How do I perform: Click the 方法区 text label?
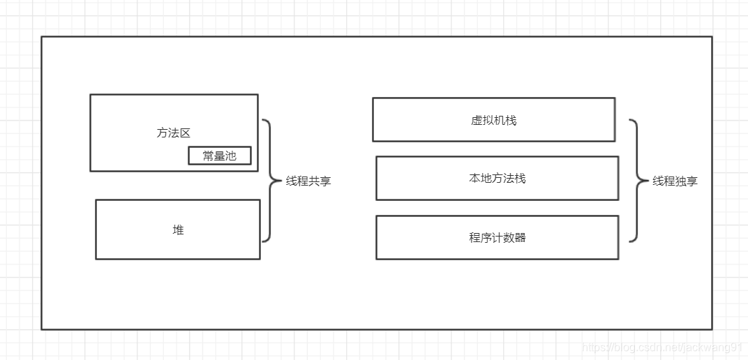point(174,133)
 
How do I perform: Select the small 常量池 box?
point(219,156)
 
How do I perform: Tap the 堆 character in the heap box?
point(178,230)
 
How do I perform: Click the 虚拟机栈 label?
point(493,120)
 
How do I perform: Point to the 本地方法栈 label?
point(497,179)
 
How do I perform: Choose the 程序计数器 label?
point(497,237)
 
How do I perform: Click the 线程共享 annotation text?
point(308,181)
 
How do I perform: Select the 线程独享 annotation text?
point(675,181)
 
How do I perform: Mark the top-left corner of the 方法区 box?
point(91,95)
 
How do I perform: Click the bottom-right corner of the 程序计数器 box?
point(618,259)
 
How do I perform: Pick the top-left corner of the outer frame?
point(42,37)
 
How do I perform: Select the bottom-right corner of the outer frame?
point(712,329)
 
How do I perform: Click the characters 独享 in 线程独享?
point(686,181)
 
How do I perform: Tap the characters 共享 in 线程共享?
point(320,181)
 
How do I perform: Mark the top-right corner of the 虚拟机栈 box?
point(615,98)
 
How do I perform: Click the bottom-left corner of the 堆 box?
point(96,259)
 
